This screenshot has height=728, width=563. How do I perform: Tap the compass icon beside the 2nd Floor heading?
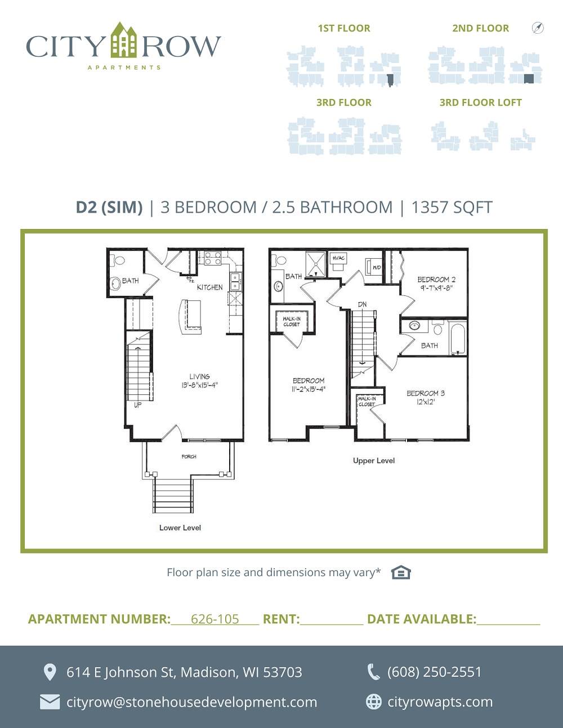(x=538, y=28)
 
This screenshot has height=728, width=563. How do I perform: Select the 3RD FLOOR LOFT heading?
(x=481, y=102)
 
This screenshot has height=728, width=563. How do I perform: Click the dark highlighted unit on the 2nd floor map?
(x=529, y=79)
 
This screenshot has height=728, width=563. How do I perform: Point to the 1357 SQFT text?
(x=452, y=208)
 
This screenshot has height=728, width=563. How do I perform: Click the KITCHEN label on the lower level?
(x=210, y=287)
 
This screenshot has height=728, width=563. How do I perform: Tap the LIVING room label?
(x=200, y=376)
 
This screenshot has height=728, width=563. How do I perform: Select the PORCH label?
(x=189, y=457)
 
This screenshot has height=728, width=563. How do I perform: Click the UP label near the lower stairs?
(x=138, y=405)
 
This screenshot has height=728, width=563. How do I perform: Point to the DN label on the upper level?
(x=362, y=304)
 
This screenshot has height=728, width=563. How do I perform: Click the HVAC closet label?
(x=338, y=258)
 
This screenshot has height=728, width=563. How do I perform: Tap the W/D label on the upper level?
(x=377, y=267)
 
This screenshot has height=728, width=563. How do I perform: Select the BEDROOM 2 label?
(x=436, y=280)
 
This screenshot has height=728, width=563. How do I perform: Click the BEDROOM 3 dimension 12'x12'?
(x=426, y=402)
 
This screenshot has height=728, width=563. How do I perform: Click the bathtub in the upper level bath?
(x=457, y=338)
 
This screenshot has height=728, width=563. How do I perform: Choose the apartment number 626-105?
(x=215, y=619)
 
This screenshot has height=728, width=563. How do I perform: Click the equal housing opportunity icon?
(x=401, y=572)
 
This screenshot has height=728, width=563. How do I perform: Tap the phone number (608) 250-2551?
(x=434, y=672)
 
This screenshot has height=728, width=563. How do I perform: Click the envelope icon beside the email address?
(x=50, y=702)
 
